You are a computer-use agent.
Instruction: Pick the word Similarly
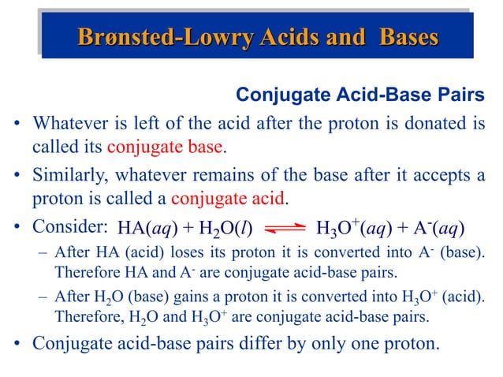point(68,174)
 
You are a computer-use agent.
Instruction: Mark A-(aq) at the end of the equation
point(436,229)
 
